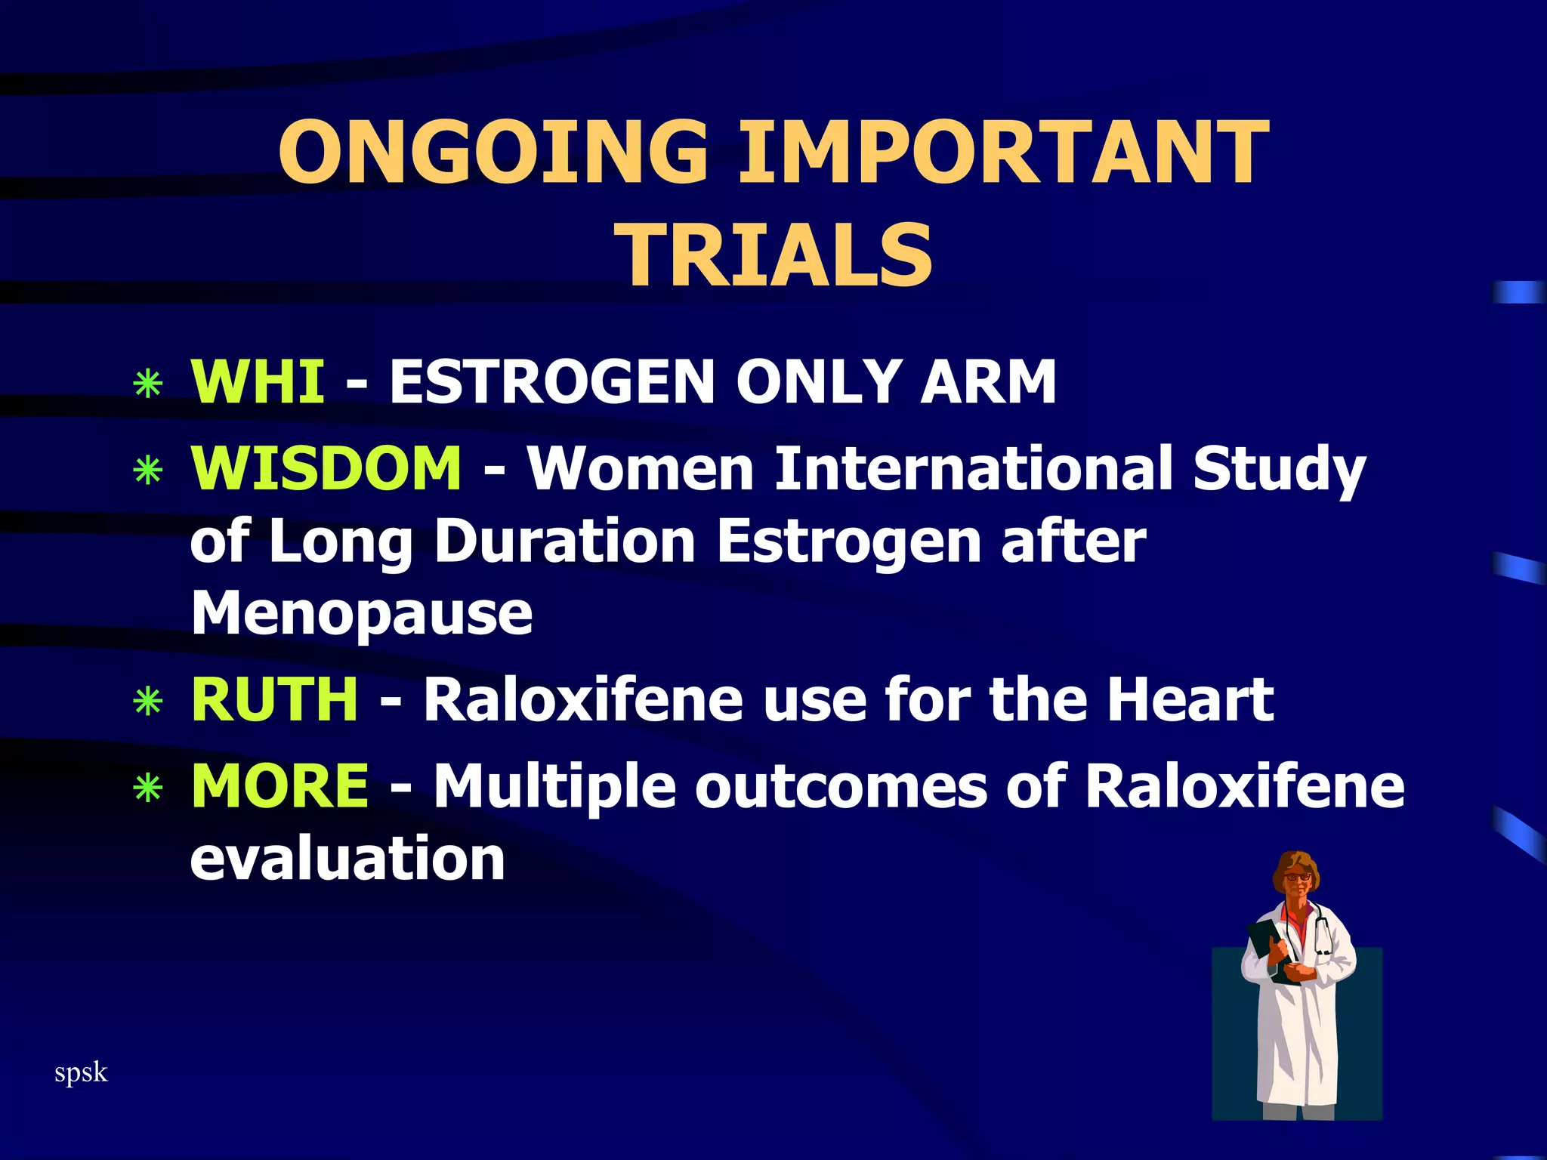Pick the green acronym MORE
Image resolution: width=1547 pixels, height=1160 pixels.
pyautogui.click(x=280, y=785)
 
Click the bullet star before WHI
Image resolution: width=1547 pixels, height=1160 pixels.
pyautogui.click(x=148, y=384)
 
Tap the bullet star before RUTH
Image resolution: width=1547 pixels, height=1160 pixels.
pyautogui.click(x=148, y=702)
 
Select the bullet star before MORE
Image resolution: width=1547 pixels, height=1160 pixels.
pyautogui.click(x=148, y=788)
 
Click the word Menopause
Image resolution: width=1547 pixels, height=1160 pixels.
pyautogui.click(x=362, y=613)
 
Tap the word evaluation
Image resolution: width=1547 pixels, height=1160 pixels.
pyautogui.click(x=347, y=859)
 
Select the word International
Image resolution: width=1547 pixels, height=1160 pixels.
pyautogui.click(x=974, y=468)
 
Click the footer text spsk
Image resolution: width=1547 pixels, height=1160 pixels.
pyautogui.click(x=81, y=1072)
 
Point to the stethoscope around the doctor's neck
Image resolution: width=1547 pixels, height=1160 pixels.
pyautogui.click(x=1323, y=933)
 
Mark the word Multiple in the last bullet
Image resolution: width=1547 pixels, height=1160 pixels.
pyautogui.click(x=554, y=785)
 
